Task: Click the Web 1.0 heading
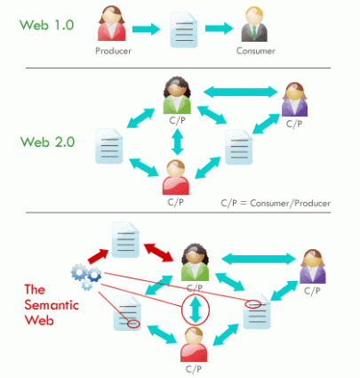[46, 25]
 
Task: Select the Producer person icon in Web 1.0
[112, 24]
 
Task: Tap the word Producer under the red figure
[113, 51]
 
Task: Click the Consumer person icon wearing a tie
[254, 24]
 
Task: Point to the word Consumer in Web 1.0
[256, 51]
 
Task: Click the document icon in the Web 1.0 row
[184, 30]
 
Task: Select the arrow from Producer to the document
[146, 28]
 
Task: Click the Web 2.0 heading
[47, 142]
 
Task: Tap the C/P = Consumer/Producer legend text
[276, 204]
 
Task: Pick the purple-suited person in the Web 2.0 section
[294, 100]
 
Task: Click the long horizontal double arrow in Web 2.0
[241, 92]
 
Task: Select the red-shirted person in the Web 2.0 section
[176, 177]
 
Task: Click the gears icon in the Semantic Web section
[86, 277]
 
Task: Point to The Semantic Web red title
[52, 305]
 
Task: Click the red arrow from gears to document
[99, 256]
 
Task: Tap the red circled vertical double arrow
[196, 310]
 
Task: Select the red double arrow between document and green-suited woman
[158, 253]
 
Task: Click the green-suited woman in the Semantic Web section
[195, 262]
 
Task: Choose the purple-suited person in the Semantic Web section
[313, 266]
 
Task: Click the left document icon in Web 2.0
[109, 146]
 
